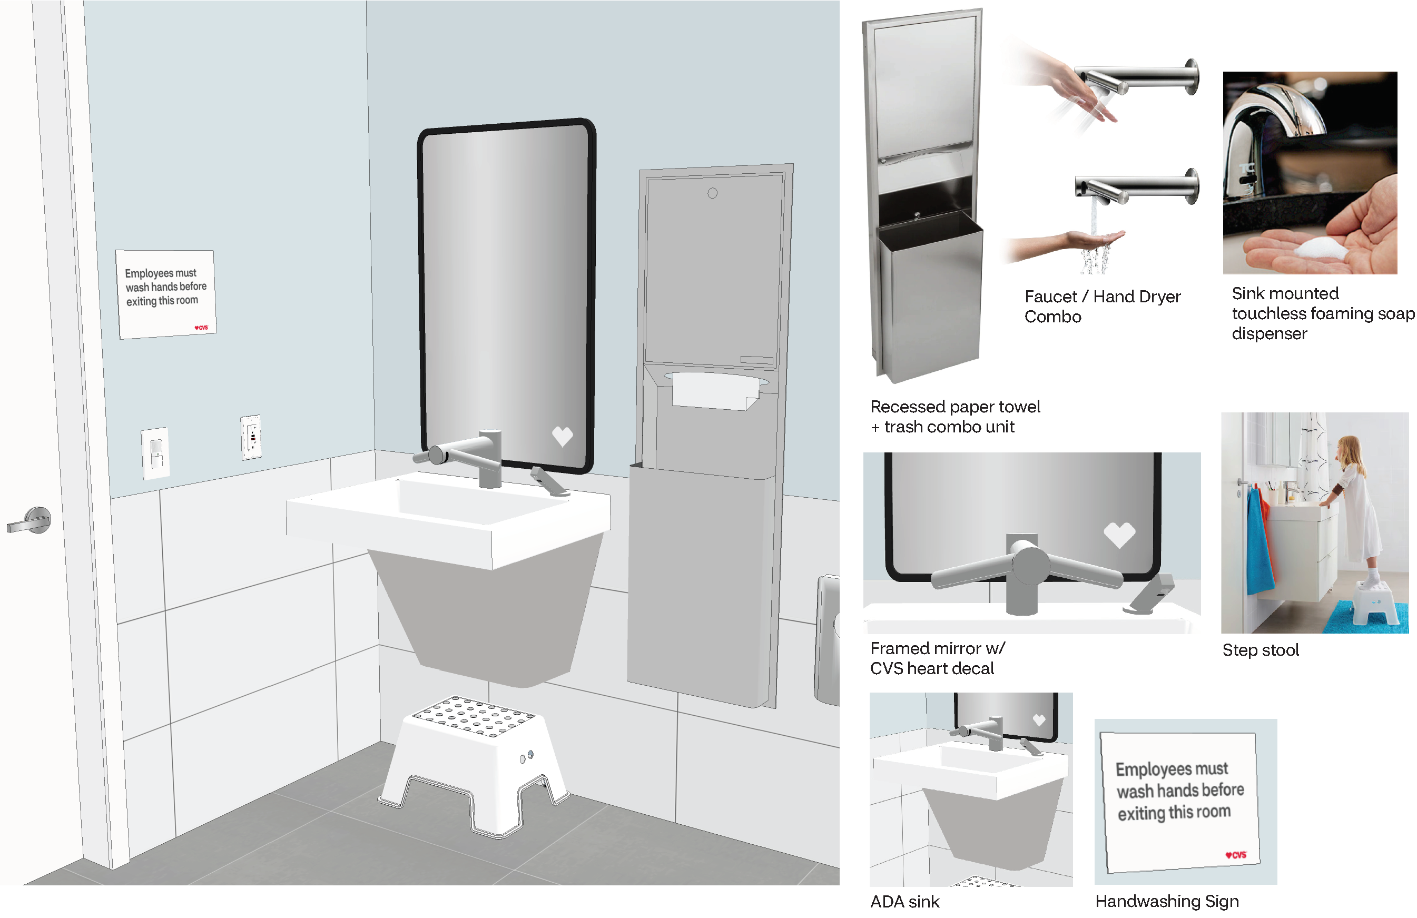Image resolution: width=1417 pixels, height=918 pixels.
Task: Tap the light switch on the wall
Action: coord(155,453)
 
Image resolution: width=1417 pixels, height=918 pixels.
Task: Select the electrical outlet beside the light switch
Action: coord(251,438)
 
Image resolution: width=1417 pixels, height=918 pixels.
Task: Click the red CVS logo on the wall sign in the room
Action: coord(201,328)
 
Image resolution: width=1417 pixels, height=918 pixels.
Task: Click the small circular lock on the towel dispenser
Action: coord(712,193)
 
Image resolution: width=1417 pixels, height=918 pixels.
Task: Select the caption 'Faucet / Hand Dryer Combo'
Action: coord(1102,306)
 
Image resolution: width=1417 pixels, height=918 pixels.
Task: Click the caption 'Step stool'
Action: coord(1261,650)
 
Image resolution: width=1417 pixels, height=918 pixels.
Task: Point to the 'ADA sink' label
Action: coord(904,902)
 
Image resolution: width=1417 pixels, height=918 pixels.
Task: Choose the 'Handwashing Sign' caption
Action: coord(1167,901)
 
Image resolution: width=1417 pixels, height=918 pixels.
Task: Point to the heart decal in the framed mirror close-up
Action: coord(1119,534)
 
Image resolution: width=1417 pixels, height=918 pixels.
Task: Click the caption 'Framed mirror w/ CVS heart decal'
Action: coord(937,658)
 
